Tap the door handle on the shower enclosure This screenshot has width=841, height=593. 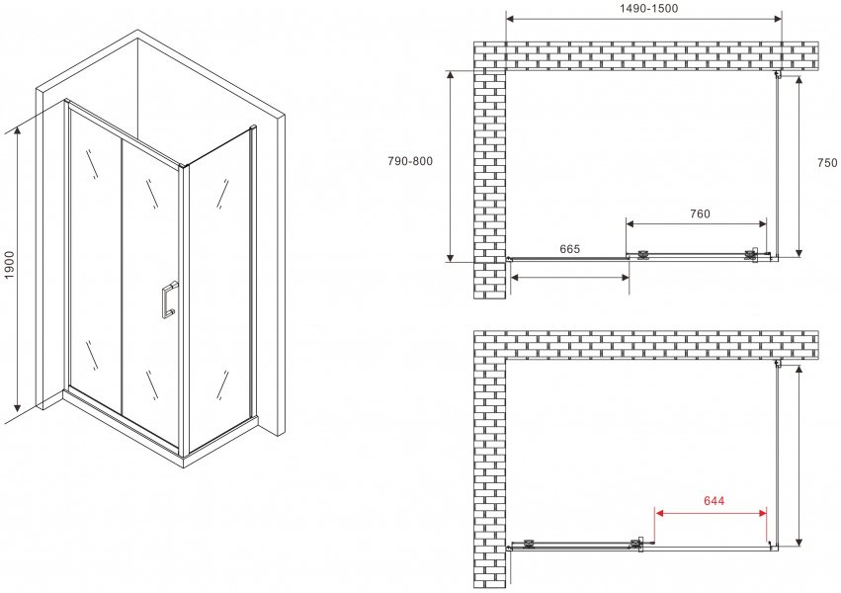pos(169,300)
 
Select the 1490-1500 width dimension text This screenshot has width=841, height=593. pos(648,8)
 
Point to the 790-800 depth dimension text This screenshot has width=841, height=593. pos(410,161)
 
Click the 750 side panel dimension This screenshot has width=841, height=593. pos(826,162)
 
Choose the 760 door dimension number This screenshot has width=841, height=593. pos(700,213)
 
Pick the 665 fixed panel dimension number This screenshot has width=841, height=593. pos(569,249)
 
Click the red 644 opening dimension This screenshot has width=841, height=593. pos(714,501)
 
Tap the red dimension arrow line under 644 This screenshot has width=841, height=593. pos(711,513)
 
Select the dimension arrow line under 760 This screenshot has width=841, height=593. pos(696,223)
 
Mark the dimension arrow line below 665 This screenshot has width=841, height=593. pos(569,277)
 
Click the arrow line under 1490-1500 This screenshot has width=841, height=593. pos(643,20)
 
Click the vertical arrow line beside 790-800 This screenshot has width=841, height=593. pos(451,166)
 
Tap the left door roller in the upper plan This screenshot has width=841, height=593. pos(642,255)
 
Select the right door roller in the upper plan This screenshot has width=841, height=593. pos(751,255)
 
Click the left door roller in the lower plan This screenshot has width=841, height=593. pos(530,544)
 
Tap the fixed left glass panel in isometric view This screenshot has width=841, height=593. pos(96,258)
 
